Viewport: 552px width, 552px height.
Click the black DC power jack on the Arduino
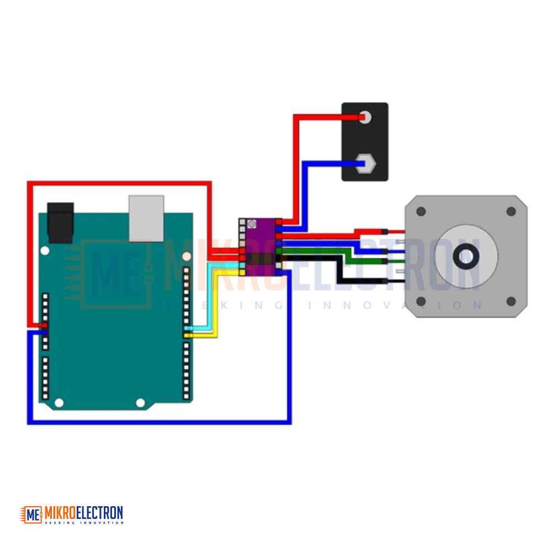point(61,222)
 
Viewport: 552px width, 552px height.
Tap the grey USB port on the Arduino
point(146,218)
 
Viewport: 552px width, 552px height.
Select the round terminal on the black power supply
point(365,117)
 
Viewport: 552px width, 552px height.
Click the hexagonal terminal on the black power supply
point(365,163)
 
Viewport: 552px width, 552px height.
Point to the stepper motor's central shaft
point(466,256)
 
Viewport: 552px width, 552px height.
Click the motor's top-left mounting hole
point(421,211)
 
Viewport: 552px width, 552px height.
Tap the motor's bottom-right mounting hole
point(511,301)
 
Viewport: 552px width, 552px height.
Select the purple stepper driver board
point(261,247)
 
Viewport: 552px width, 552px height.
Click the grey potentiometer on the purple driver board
point(252,224)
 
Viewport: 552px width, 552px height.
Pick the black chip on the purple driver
point(261,259)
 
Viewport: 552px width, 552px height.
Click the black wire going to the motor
point(339,270)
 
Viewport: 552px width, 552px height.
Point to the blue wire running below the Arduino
point(159,422)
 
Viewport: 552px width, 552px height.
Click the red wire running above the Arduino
point(120,183)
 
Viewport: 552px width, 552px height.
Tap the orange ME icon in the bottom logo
point(31,514)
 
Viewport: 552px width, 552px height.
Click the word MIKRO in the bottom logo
point(60,513)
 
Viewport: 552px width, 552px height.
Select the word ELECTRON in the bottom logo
point(99,513)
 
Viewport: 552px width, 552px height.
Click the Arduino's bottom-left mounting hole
point(59,402)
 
